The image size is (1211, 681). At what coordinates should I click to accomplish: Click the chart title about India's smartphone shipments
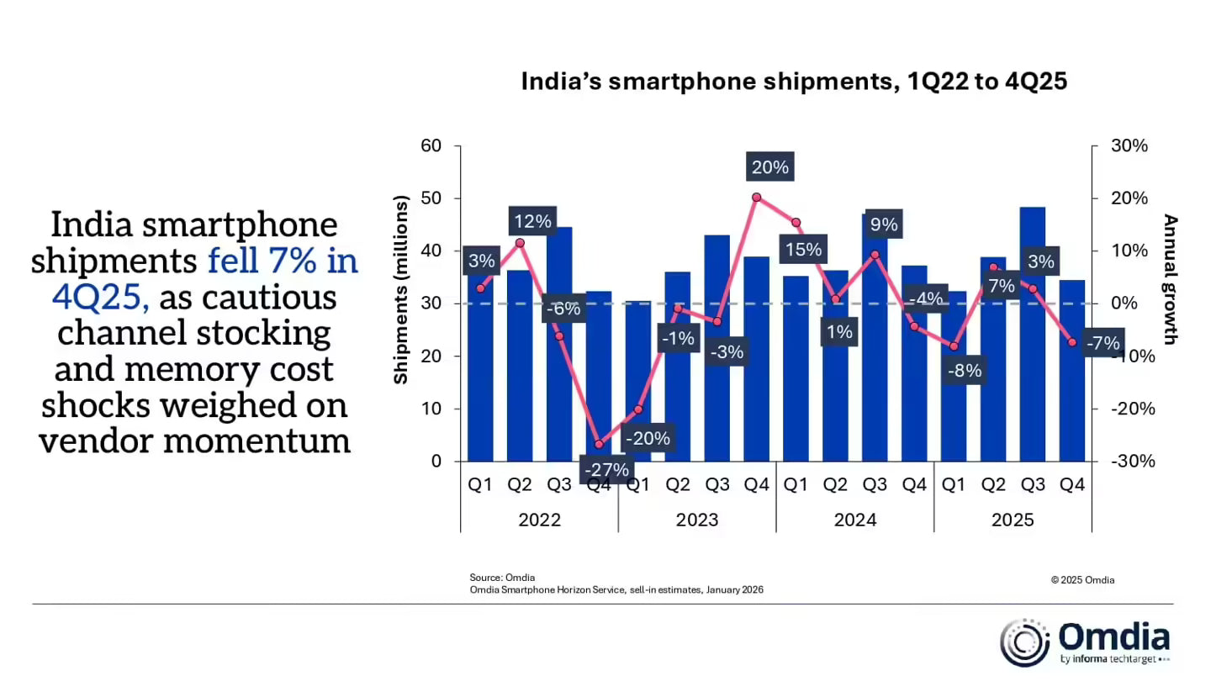click(794, 82)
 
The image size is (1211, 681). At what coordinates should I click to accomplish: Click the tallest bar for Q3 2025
click(1032, 336)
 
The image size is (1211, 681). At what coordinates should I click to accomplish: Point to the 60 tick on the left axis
click(431, 146)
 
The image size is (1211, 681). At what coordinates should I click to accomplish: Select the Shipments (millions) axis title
click(401, 290)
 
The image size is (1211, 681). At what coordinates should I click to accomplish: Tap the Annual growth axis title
click(1170, 280)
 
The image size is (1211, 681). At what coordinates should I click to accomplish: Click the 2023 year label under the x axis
click(697, 520)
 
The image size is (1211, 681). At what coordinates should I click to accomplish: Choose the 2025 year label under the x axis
click(1013, 520)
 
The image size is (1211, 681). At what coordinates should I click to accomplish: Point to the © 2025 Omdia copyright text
click(1082, 579)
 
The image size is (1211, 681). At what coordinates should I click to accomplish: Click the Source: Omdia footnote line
click(502, 578)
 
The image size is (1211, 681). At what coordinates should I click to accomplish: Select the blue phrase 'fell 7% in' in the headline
click(283, 261)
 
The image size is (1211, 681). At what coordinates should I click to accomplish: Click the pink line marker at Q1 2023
click(638, 409)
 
